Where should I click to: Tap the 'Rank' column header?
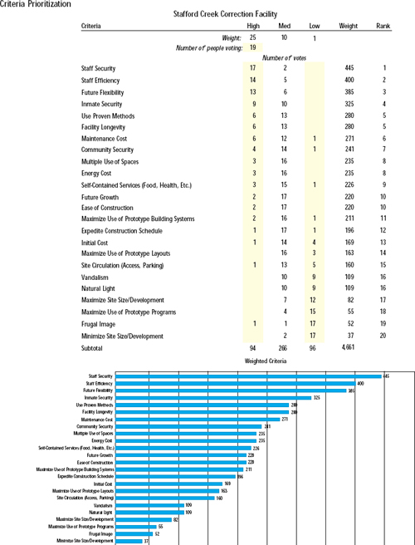[x=385, y=27]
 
